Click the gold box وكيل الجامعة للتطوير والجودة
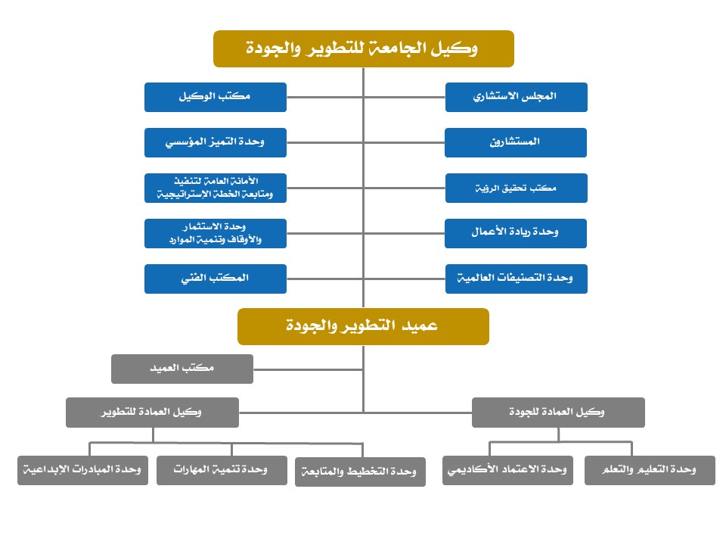point(364,49)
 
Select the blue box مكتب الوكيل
point(216,97)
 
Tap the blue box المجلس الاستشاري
point(516,97)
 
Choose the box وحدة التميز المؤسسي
point(216,142)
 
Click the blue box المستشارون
point(516,142)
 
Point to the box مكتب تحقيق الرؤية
point(516,188)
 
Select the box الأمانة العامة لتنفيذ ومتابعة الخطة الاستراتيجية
point(216,188)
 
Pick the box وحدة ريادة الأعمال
point(516,233)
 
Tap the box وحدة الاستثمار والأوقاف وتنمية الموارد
point(216,233)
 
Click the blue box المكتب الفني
point(216,279)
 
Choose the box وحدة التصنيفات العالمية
point(516,279)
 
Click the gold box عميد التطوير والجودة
point(363,326)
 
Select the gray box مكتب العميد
point(182,368)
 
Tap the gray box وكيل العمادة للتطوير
point(152,413)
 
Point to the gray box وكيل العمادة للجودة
point(558,413)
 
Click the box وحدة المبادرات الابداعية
point(82,470)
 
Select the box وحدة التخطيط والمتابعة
point(360,472)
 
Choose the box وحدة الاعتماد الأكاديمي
point(507,470)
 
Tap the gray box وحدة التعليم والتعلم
point(650,470)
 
